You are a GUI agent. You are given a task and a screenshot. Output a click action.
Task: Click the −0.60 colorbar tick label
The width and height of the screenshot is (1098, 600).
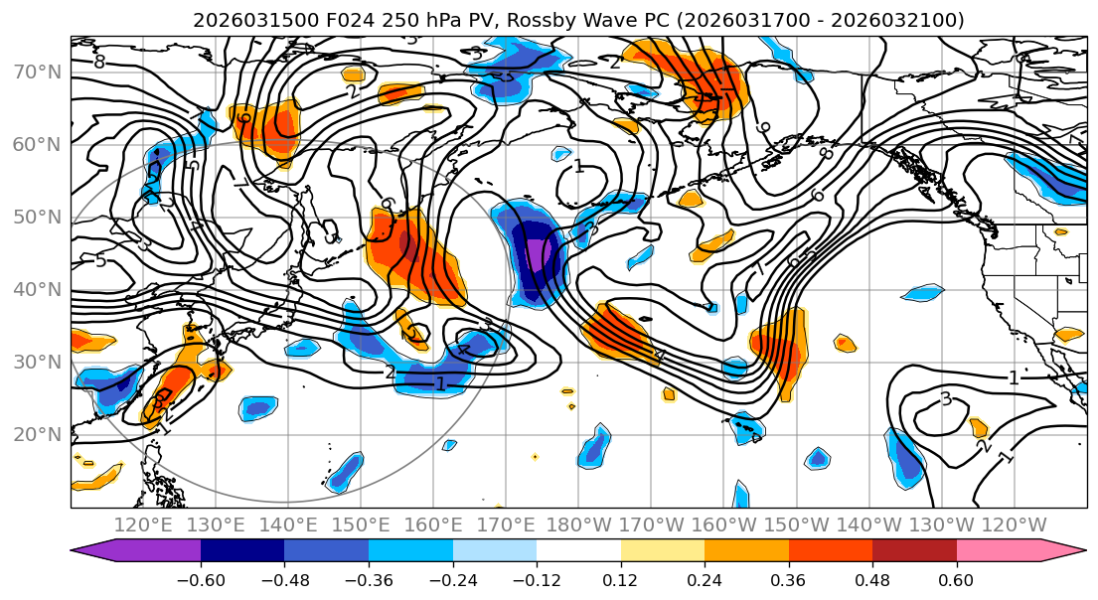tap(201, 579)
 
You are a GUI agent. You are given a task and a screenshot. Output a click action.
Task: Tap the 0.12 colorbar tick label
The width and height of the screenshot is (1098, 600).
tap(621, 579)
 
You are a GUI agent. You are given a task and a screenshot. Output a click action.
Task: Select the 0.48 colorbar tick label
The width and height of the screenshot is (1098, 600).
tap(872, 579)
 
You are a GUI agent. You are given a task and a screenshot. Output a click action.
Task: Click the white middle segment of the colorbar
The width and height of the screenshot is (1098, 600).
tap(578, 551)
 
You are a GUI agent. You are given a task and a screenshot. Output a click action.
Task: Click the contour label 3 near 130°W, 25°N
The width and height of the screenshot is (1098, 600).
tap(946, 399)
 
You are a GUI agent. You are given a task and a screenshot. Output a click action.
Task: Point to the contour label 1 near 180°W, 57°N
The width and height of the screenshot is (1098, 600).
tap(578, 166)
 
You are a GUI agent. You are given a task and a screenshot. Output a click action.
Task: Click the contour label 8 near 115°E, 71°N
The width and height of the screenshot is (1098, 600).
tap(99, 62)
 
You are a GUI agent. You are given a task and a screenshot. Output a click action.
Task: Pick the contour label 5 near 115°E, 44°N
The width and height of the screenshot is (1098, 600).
tap(100, 261)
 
